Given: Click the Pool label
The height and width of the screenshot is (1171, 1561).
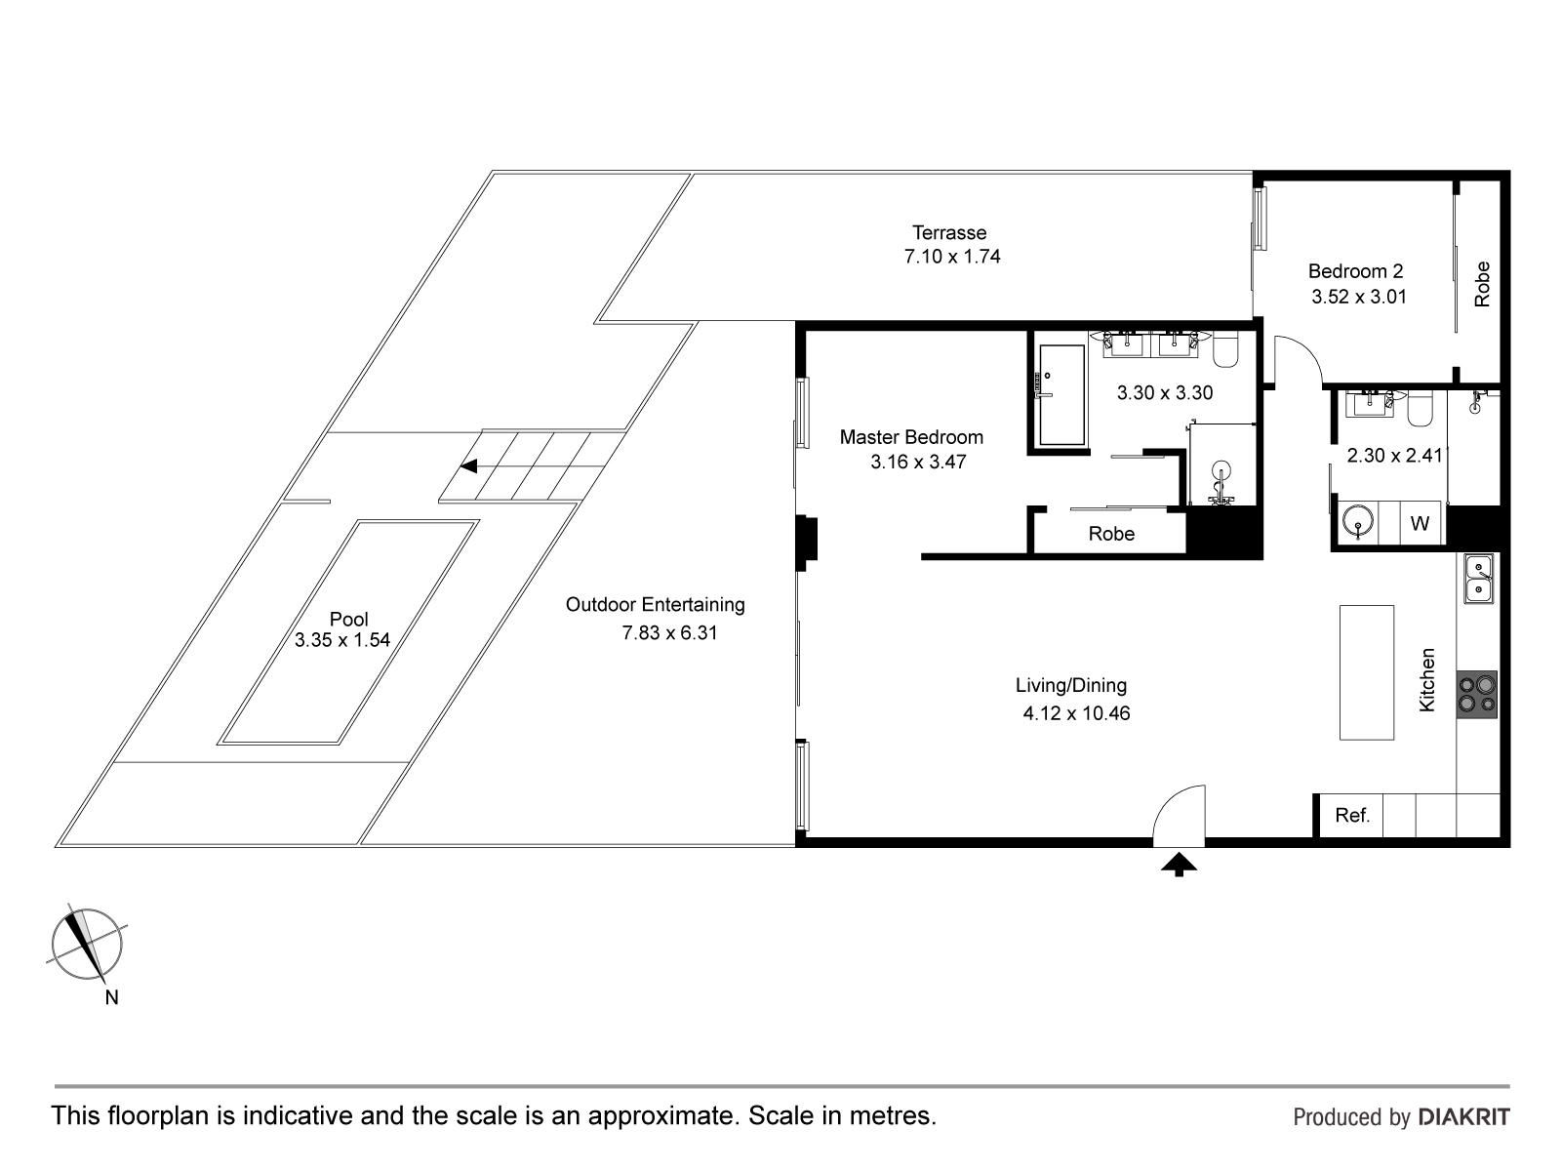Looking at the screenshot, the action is (x=348, y=619).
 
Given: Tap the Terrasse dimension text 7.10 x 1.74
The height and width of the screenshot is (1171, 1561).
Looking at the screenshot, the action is (x=951, y=257).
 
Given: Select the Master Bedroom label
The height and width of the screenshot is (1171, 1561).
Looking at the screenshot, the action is (x=911, y=437).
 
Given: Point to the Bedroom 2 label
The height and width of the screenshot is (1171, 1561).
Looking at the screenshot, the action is (x=1355, y=271).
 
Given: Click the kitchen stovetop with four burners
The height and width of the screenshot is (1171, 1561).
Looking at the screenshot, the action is (x=1476, y=695).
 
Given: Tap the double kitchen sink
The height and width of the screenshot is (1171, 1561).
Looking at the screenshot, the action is (x=1478, y=579).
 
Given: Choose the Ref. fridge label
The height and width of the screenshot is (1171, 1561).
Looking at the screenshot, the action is (x=1352, y=816).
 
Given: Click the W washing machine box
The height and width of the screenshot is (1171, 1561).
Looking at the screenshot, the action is (x=1420, y=523).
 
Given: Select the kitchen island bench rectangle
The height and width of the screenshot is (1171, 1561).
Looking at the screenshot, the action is (x=1366, y=672).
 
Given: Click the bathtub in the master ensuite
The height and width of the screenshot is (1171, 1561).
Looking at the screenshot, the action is (x=1061, y=395).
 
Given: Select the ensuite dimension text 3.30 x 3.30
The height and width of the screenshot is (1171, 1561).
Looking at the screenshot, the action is (x=1165, y=393).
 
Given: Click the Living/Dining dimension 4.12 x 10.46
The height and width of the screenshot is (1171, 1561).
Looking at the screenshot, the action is (x=1076, y=713).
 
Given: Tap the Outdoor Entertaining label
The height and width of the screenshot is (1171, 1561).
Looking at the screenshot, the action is (x=655, y=605).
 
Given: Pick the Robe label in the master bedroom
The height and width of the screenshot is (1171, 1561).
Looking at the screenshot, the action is (x=1111, y=534).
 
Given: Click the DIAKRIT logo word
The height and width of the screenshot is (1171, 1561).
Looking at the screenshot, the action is (x=1463, y=1117).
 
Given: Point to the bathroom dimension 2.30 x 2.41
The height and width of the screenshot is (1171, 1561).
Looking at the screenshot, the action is (x=1394, y=456).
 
